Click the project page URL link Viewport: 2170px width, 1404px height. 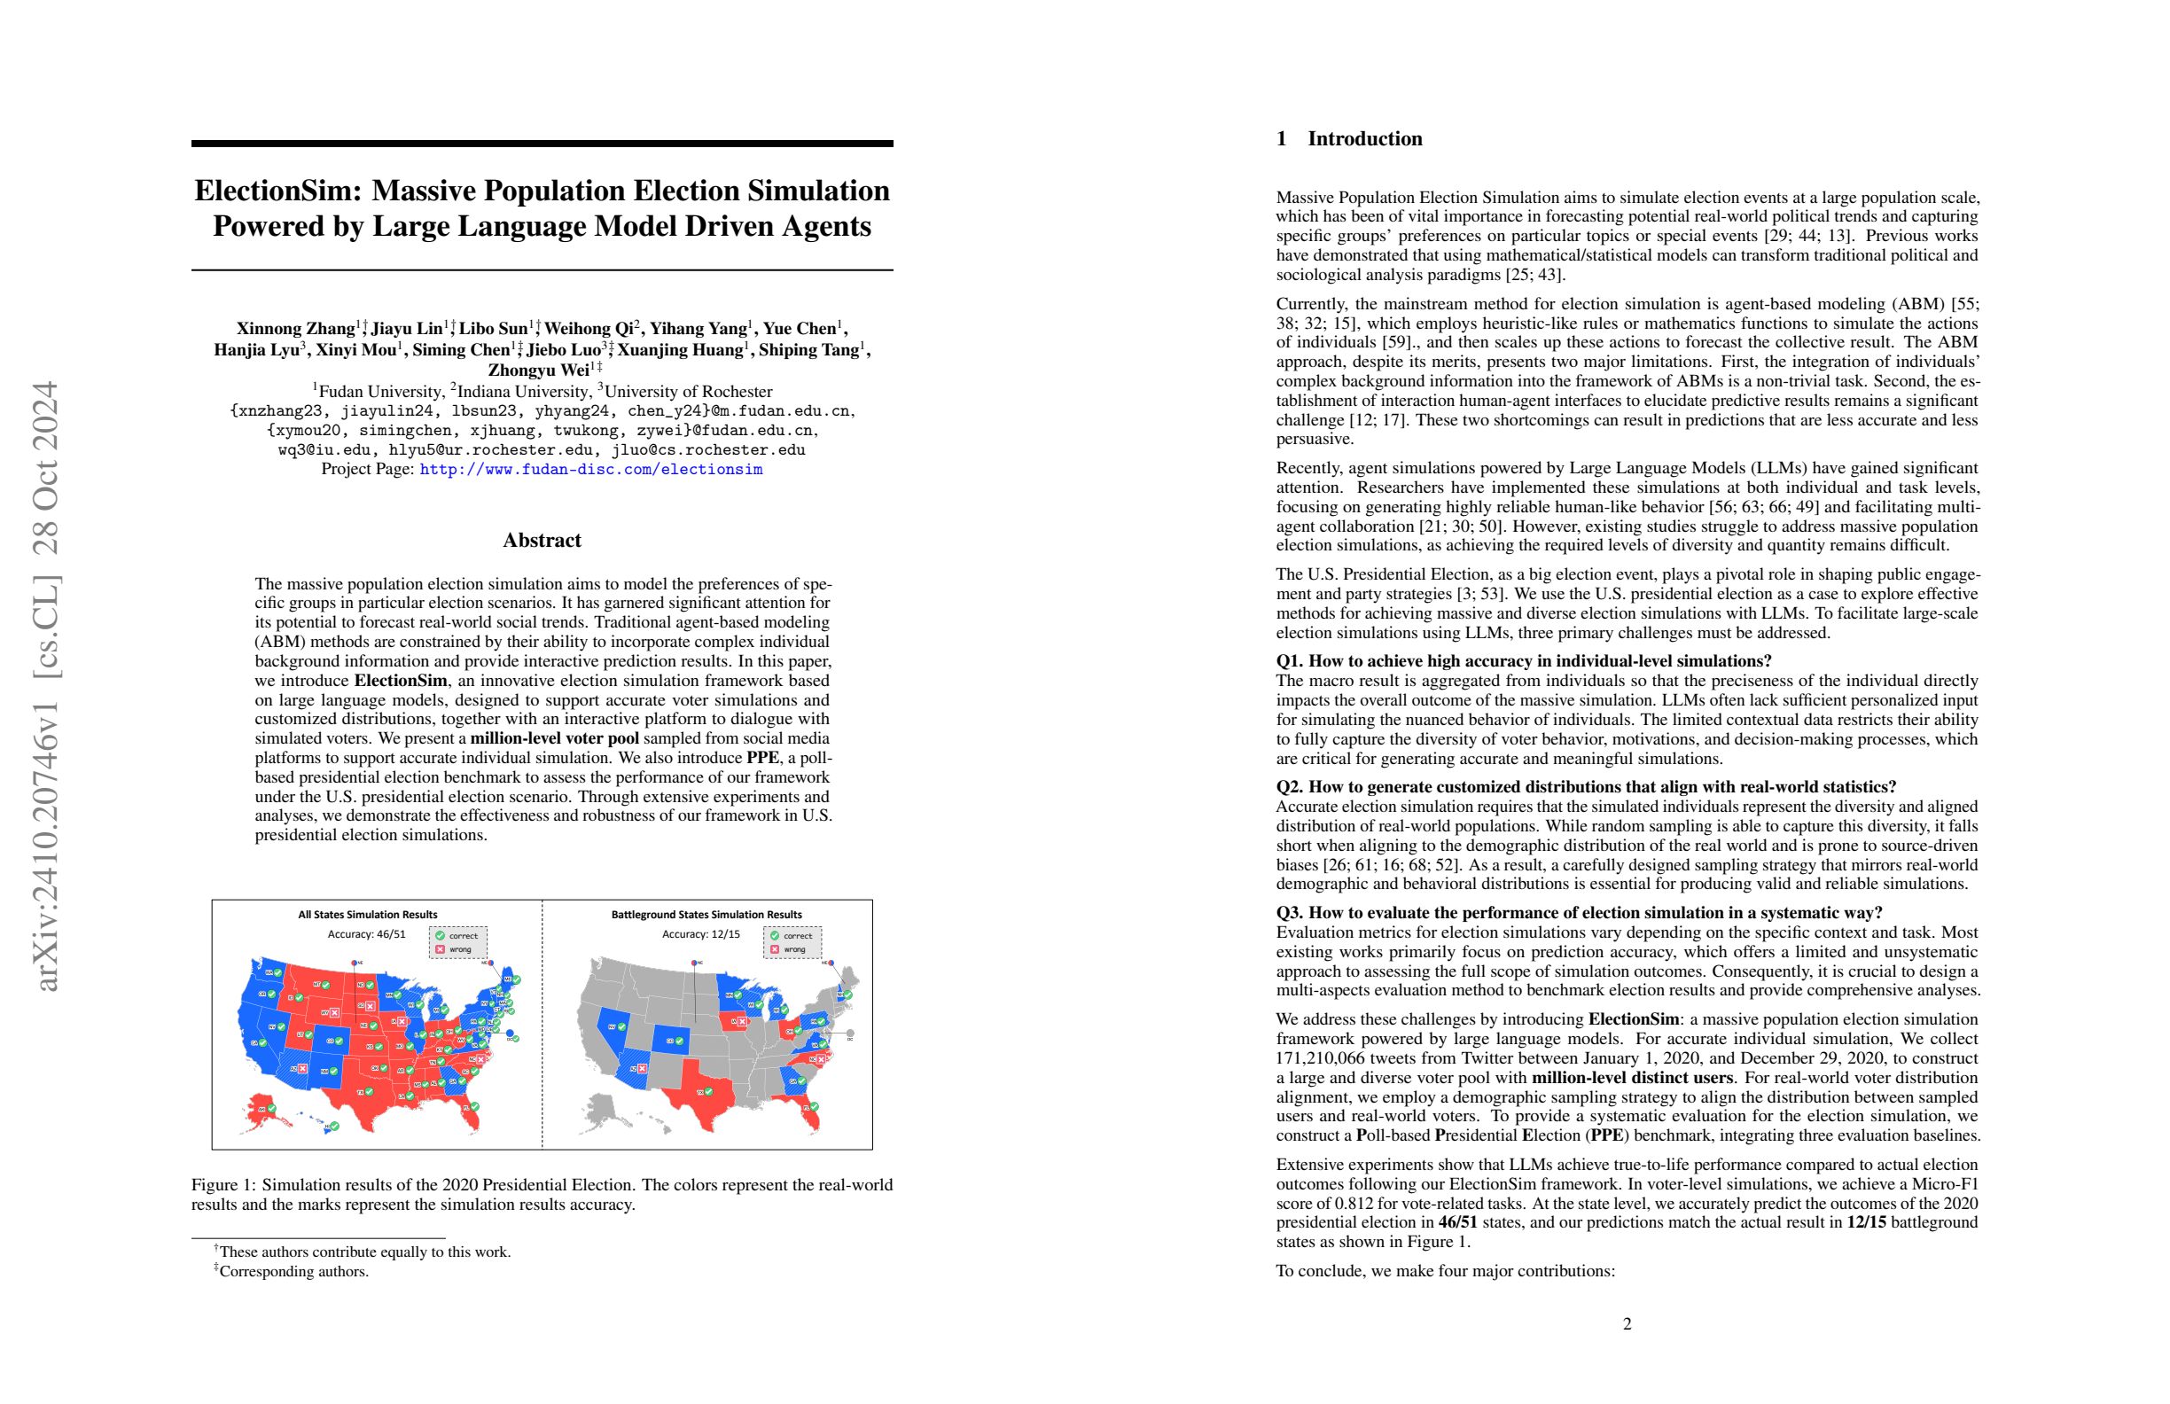click(x=591, y=470)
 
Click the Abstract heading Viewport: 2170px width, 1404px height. click(x=542, y=541)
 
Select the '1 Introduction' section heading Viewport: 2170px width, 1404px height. click(x=1348, y=138)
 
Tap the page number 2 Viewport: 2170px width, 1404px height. click(x=1627, y=1323)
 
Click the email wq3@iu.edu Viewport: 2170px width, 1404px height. click(x=324, y=449)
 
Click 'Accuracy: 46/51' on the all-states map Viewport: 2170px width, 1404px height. click(x=366, y=934)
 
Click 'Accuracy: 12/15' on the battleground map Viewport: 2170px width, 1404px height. click(x=701, y=934)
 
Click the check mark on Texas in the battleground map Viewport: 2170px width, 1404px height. click(x=709, y=1091)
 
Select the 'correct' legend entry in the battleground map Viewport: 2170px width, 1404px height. click(x=792, y=935)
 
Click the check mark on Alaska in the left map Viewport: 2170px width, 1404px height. click(x=270, y=1109)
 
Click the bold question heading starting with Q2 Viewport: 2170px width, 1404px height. click(x=1586, y=787)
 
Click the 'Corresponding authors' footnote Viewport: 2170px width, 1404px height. click(x=293, y=1272)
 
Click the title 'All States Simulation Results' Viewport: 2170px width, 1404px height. click(x=368, y=915)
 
